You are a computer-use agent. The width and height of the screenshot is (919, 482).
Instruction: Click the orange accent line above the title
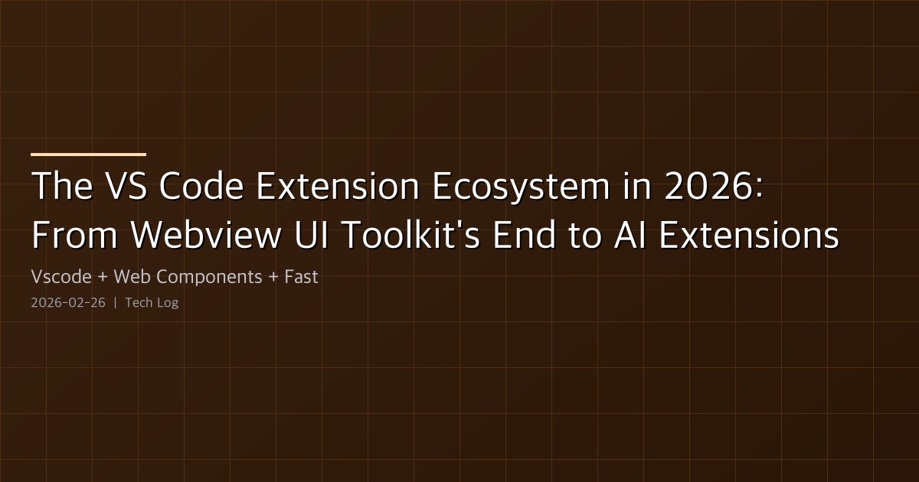88,155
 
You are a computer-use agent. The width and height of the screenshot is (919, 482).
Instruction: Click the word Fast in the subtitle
301,277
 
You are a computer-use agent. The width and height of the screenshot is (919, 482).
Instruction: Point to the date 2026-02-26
68,303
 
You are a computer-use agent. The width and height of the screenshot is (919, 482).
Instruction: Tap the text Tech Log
152,303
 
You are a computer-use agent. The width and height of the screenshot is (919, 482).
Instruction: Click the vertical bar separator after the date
115,303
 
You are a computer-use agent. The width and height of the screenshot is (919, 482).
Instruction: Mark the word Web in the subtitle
128,277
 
